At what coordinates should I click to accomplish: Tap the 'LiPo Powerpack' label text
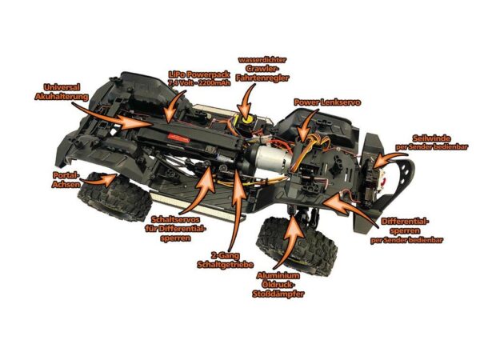point(198,74)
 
